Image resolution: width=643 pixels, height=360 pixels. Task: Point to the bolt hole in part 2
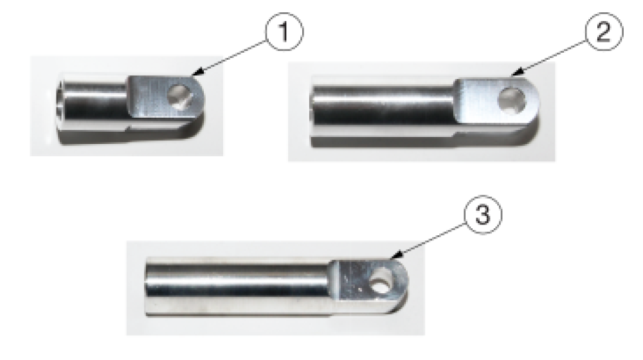[514, 100]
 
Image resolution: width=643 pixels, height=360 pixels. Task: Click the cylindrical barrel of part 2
[386, 107]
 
